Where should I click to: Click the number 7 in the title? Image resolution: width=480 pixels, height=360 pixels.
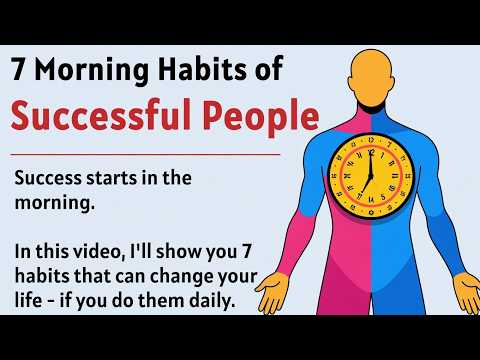[21, 70]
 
